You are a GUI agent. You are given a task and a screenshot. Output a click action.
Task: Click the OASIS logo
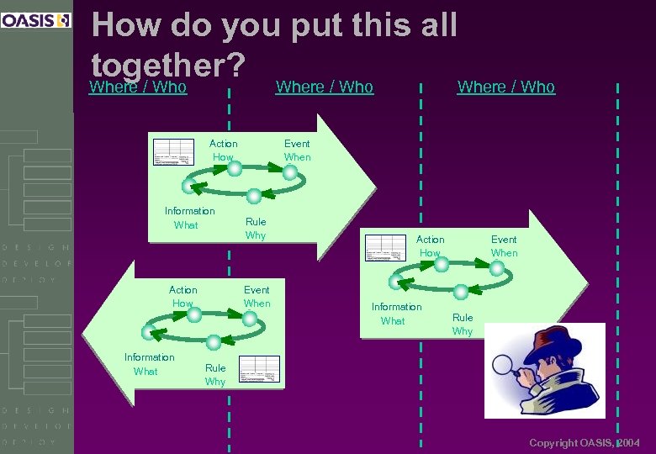pyautogui.click(x=36, y=20)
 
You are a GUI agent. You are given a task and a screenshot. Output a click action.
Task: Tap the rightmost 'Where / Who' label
pyautogui.click(x=505, y=87)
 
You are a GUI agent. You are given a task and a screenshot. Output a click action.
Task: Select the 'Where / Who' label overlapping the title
pyautogui.click(x=138, y=87)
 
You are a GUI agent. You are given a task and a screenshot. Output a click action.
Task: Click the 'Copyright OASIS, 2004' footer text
pyautogui.click(x=585, y=442)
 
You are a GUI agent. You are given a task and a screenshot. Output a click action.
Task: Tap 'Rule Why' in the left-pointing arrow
pyautogui.click(x=215, y=374)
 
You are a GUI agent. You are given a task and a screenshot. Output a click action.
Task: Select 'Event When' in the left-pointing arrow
pyautogui.click(x=257, y=296)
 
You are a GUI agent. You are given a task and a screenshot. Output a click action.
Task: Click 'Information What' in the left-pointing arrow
pyautogui.click(x=149, y=364)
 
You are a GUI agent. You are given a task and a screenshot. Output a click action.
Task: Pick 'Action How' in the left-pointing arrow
pyautogui.click(x=183, y=296)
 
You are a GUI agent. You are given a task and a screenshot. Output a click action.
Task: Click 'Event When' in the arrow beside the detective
pyautogui.click(x=504, y=245)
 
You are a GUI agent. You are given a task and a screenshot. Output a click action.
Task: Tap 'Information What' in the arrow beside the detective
pyautogui.click(x=396, y=314)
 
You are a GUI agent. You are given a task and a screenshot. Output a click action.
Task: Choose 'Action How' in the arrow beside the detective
pyautogui.click(x=430, y=245)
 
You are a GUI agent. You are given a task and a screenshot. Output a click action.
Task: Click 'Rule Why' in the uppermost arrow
pyautogui.click(x=256, y=228)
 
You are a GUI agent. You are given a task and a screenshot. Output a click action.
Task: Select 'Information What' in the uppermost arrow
pyautogui.click(x=189, y=218)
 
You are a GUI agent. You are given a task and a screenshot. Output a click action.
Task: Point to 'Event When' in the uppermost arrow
pyautogui.click(x=297, y=150)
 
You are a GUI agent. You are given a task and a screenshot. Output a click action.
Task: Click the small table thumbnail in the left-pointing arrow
pyautogui.click(x=259, y=369)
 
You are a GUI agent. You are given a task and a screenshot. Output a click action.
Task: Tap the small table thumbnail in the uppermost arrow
pyautogui.click(x=173, y=150)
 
